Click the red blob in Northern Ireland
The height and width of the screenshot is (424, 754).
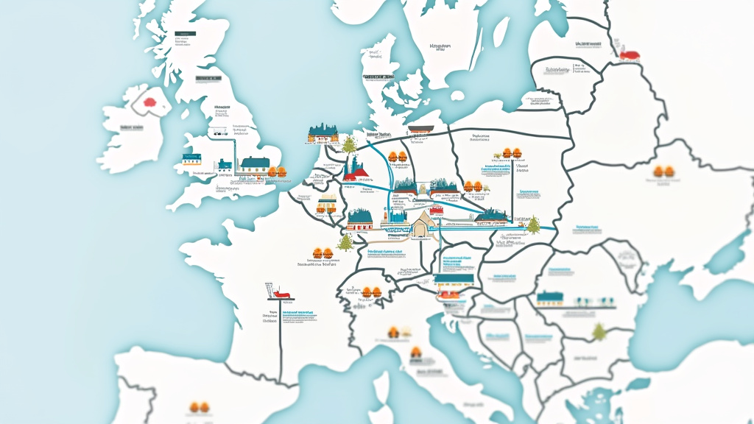tap(150, 102)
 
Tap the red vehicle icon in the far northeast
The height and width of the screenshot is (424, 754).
tap(630, 53)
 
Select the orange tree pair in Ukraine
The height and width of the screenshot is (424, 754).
tap(663, 172)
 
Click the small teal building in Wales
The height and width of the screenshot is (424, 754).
tap(191, 159)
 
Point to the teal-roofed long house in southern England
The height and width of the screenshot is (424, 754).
tap(255, 163)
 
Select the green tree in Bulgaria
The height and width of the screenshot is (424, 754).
tap(599, 332)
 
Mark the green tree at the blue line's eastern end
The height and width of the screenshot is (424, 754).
tap(532, 225)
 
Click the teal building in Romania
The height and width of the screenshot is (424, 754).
tap(549, 298)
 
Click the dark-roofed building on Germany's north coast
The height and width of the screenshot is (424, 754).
tap(418, 131)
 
